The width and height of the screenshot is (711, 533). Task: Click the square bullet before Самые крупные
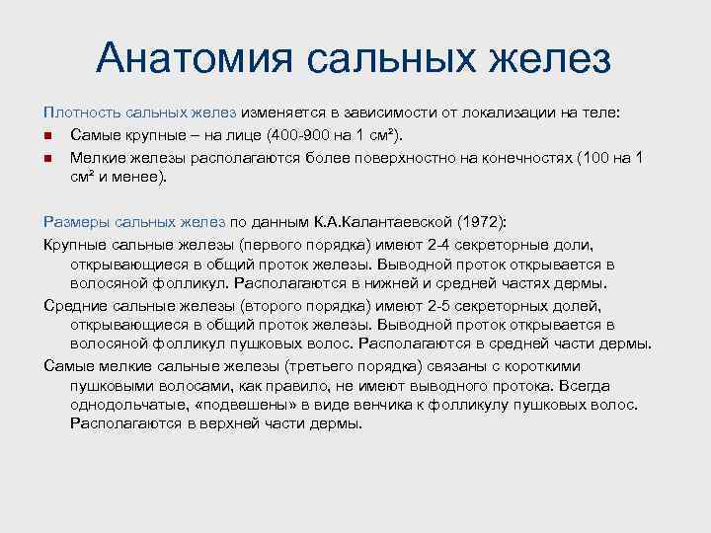click(49, 136)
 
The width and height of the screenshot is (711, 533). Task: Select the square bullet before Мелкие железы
click(49, 157)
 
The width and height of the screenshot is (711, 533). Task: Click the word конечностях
click(535, 157)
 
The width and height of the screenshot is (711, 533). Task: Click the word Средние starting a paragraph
click(77, 306)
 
